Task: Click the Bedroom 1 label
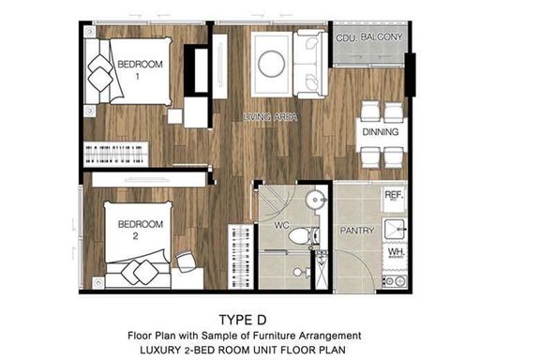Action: point(140,69)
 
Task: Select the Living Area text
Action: point(270,117)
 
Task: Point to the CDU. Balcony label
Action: point(369,37)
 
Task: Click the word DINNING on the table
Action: point(381,131)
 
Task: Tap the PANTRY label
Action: point(357,230)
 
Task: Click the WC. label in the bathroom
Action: point(282,226)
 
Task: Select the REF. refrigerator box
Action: point(394,201)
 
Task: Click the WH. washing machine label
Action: point(396,252)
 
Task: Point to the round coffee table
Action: point(271,64)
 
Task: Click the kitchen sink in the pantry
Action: point(395,230)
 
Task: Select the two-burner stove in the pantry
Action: point(395,281)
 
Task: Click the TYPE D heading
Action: point(243,320)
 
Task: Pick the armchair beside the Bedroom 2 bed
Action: point(186,262)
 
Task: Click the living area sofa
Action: point(310,64)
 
